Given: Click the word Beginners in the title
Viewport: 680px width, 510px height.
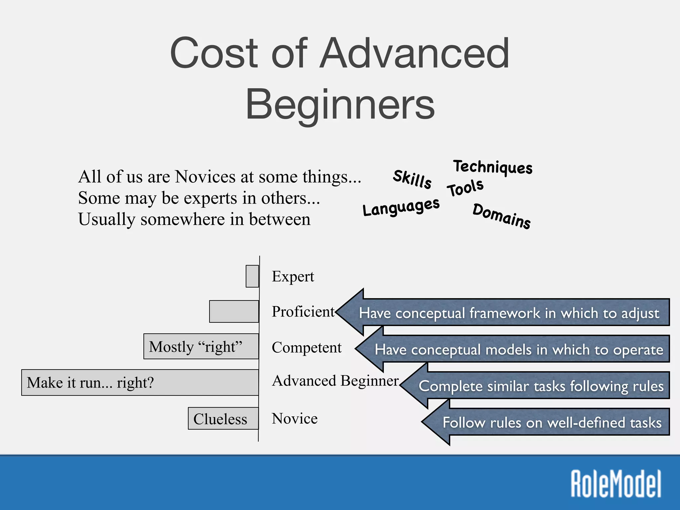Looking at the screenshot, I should click(x=340, y=105).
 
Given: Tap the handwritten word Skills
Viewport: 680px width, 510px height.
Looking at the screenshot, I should click(x=412, y=179).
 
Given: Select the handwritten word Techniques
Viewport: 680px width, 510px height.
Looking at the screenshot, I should click(x=493, y=167).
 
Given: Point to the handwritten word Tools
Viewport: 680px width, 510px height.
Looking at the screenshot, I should click(x=465, y=188).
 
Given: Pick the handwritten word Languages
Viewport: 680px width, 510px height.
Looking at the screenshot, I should click(x=401, y=208).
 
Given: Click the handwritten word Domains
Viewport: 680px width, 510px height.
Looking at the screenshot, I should click(x=501, y=216).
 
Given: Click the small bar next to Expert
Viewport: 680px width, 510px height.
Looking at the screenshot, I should click(x=252, y=276).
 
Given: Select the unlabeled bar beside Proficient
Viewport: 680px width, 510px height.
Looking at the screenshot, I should click(x=234, y=311).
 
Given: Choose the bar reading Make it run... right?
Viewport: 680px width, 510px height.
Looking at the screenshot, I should click(x=139, y=382).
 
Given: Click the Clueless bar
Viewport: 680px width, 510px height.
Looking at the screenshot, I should click(x=223, y=419).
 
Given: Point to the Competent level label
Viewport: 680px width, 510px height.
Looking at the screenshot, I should click(x=306, y=348).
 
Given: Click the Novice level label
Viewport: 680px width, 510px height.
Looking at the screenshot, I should click(x=295, y=418).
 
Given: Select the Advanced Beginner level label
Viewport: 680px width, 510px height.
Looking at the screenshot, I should click(x=335, y=381).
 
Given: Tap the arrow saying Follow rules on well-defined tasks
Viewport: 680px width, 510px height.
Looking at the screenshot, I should click(x=551, y=422).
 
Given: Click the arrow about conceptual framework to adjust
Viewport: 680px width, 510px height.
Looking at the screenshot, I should click(x=508, y=313).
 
